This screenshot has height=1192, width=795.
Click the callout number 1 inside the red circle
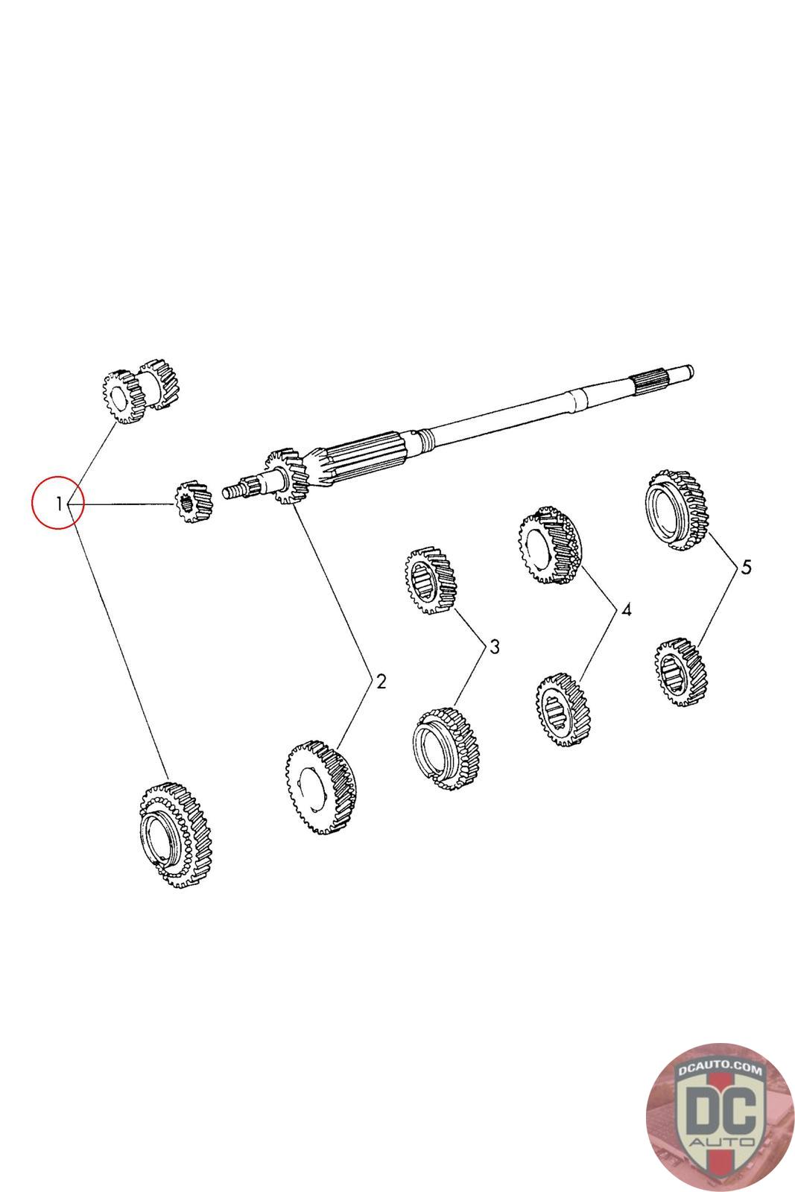pos(59,504)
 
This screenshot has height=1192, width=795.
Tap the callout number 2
pos(381,681)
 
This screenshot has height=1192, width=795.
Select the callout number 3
pos(494,646)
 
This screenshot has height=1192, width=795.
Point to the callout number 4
pos(626,610)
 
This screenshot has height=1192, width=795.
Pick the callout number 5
pos(745,567)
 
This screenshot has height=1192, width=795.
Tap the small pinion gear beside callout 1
pos(192,503)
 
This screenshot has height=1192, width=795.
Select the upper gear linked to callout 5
pos(675,510)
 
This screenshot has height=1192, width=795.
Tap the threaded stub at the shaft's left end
pos(234,489)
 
